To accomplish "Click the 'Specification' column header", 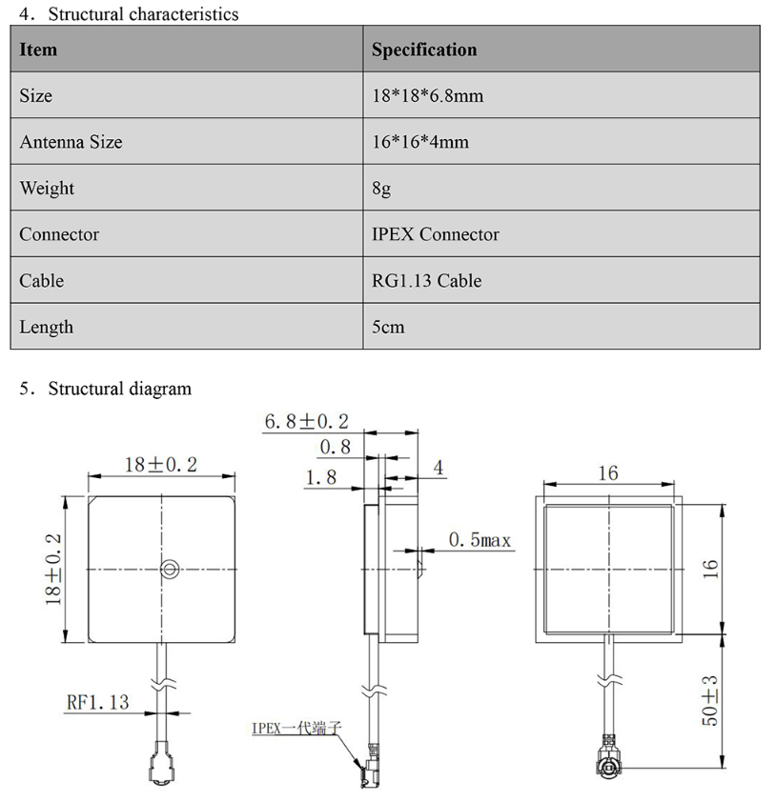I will [424, 50].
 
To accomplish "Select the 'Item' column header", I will [38, 50].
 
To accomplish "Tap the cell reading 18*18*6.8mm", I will [427, 96].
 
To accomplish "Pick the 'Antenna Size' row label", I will [71, 142].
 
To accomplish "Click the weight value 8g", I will [381, 189].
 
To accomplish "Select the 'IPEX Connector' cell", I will [435, 234].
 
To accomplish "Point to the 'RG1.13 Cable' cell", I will [426, 281].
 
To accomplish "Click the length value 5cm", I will [388, 327].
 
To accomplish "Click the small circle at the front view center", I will [169, 570].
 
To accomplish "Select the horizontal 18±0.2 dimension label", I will [161, 464].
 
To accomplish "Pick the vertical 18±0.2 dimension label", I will [53, 569].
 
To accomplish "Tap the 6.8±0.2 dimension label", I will [306, 421].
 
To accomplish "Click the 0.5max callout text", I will [480, 540].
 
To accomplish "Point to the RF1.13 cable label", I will [96, 702].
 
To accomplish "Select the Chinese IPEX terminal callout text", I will [296, 728].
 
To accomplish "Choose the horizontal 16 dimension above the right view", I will [608, 472].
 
